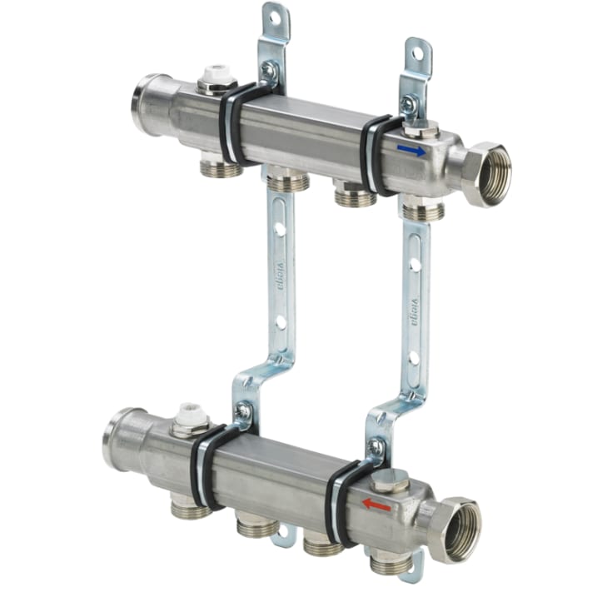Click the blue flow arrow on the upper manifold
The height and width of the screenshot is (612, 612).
[x=411, y=151]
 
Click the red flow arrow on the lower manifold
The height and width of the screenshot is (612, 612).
[x=376, y=505]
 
